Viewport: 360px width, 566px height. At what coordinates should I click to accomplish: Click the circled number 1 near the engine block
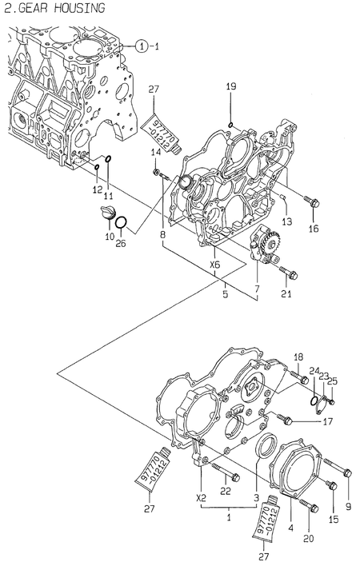click(141, 46)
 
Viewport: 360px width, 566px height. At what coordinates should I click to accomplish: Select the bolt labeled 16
click(310, 201)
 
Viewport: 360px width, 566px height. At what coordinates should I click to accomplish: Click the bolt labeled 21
click(289, 274)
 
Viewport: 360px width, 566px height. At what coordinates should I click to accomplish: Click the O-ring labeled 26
click(119, 221)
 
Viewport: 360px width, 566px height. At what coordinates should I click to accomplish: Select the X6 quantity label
click(214, 265)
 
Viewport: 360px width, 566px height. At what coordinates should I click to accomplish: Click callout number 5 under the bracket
click(225, 293)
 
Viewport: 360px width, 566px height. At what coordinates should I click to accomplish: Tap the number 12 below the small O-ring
click(96, 189)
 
